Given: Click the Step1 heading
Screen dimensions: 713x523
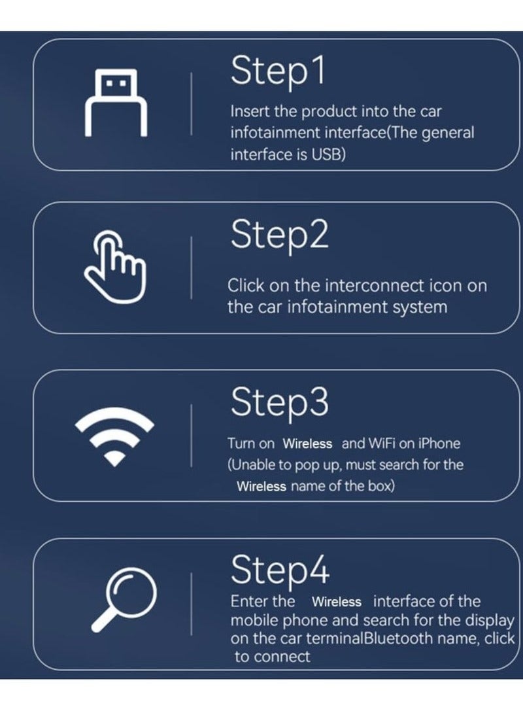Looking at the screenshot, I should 277,72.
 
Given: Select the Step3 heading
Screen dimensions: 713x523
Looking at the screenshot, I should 279,402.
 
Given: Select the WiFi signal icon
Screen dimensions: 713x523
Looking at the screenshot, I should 114,436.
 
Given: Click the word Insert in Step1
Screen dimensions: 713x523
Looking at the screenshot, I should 246,112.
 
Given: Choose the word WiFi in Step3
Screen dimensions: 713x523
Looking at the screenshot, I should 382,443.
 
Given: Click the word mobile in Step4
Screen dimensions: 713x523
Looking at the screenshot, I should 252,620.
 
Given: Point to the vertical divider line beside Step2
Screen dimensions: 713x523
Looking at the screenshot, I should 192,268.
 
